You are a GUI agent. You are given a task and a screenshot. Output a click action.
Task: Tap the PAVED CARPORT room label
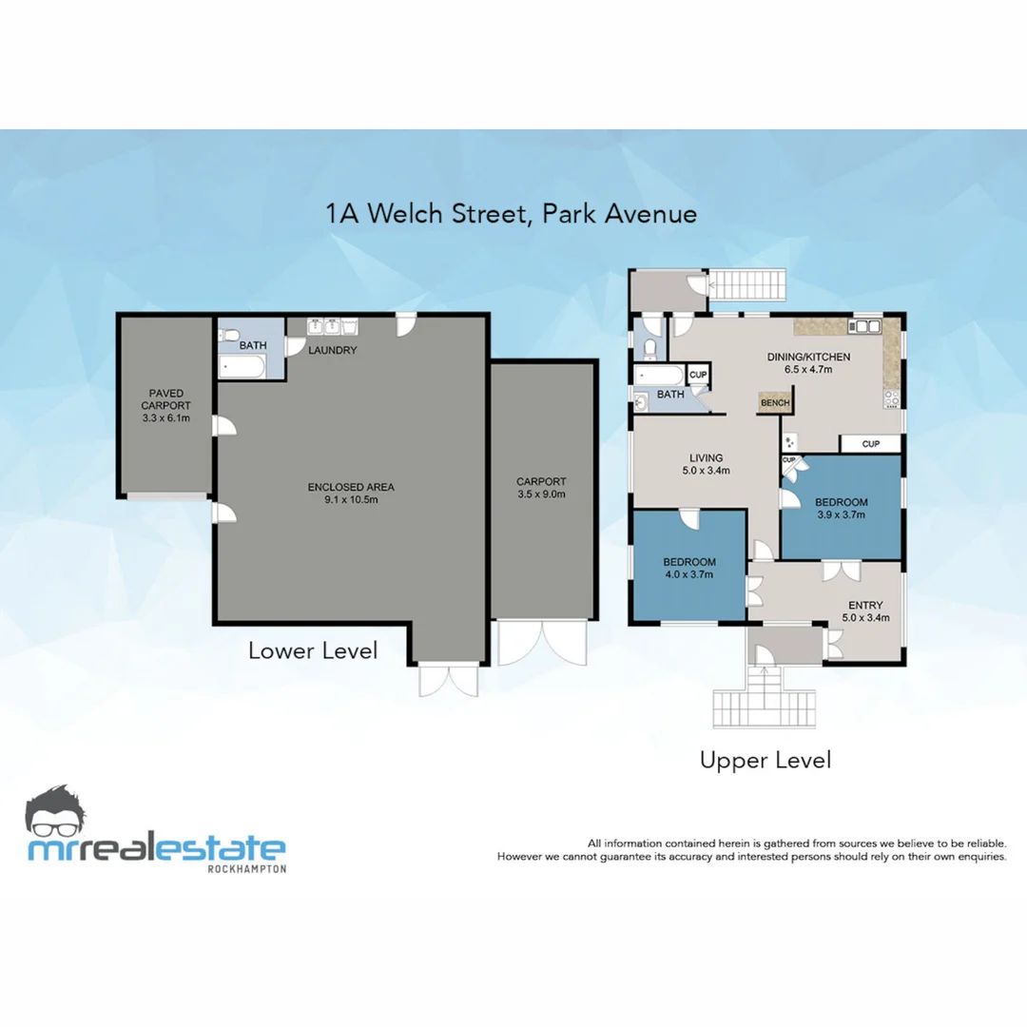click(x=165, y=393)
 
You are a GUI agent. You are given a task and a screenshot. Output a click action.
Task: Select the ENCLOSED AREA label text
click(x=350, y=488)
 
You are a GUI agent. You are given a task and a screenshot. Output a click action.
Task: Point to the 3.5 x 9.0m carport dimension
click(x=541, y=494)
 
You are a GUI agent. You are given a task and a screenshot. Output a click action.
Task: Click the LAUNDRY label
click(x=332, y=350)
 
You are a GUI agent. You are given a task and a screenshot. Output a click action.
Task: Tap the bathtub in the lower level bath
click(x=245, y=366)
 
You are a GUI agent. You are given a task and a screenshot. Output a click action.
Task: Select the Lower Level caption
click(x=313, y=650)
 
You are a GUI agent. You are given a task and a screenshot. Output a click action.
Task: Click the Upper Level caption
click(x=765, y=760)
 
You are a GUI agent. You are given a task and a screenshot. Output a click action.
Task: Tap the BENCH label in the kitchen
click(x=774, y=403)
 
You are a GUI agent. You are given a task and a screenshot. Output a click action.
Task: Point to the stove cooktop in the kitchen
click(x=892, y=398)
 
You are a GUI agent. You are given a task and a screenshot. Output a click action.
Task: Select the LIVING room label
click(x=706, y=457)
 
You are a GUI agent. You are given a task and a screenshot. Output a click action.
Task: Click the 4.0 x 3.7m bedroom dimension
click(x=688, y=573)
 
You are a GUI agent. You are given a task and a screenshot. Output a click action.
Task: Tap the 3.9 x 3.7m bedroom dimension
click(x=841, y=514)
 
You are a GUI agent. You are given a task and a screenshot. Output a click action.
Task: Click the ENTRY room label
click(x=865, y=605)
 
